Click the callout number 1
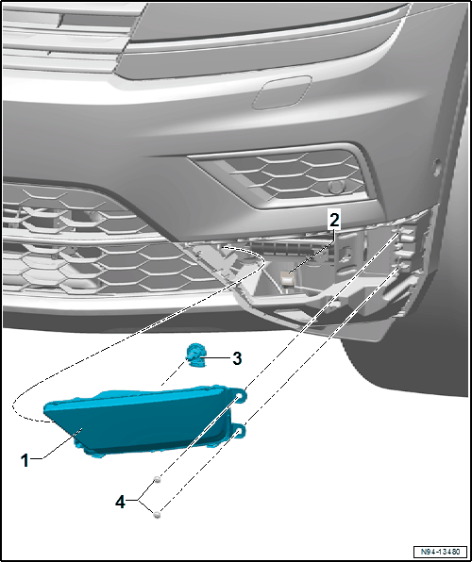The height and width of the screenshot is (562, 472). [25, 460]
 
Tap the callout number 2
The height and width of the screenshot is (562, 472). [334, 221]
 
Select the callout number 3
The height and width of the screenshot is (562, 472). [237, 358]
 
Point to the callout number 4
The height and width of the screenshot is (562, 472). [120, 503]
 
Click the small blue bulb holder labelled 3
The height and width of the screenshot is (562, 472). [194, 355]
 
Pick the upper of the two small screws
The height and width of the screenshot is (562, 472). [157, 479]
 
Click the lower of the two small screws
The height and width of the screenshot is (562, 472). [157, 515]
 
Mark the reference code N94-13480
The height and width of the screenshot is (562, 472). [440, 551]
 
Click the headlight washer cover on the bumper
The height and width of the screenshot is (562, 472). [281, 92]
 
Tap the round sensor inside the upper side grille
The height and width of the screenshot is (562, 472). [336, 187]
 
